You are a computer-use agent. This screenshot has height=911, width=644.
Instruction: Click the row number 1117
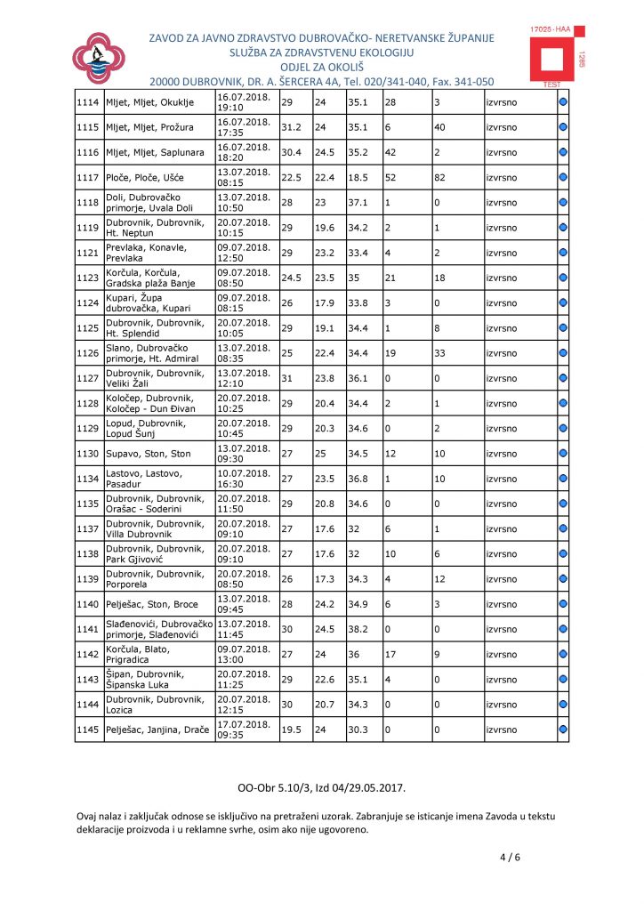pos(87,178)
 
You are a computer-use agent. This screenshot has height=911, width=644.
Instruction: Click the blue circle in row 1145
pos(563,730)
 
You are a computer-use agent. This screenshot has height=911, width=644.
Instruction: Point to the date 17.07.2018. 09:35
pos(245,730)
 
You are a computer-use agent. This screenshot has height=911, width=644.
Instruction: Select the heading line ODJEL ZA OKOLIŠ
pos(322,67)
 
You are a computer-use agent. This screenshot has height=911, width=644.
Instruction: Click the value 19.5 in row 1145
pos(291,730)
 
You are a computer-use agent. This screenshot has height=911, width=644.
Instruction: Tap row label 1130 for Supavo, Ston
pos(87,454)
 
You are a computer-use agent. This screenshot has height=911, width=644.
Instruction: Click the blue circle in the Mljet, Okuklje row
pos(563,102)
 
